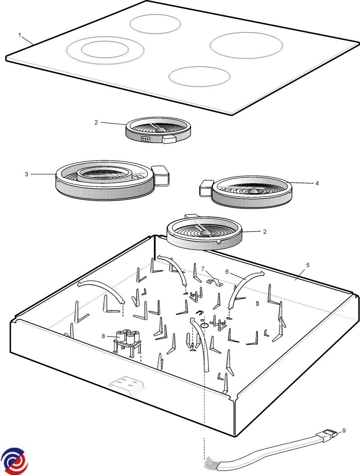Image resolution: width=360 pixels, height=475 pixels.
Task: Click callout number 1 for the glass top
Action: click(19, 35)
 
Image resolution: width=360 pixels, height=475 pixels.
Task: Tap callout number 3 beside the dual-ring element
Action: click(27, 174)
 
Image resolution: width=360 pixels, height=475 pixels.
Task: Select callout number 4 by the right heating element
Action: click(316, 183)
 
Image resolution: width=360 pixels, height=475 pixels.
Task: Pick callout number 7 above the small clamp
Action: click(203, 269)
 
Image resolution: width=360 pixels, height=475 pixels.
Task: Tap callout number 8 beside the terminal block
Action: click(103, 336)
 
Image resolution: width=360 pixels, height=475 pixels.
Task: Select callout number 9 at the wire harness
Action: click(344, 430)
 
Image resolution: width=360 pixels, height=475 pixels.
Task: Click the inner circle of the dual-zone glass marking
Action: click(104, 49)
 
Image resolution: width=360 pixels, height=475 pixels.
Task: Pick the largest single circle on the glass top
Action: click(246, 46)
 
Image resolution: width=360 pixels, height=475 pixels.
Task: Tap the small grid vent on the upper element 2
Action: click(146, 139)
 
